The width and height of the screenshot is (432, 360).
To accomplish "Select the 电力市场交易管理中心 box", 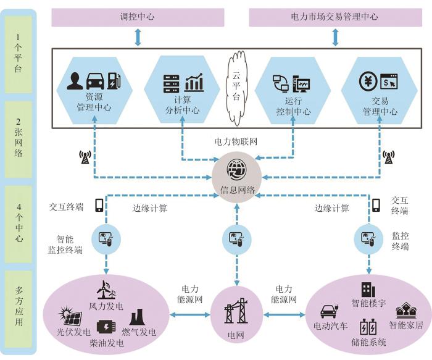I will coord(333,17).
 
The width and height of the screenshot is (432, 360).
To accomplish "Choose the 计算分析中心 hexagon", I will coord(183,90).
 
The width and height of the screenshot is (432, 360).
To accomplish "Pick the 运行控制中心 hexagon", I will coord(292,90).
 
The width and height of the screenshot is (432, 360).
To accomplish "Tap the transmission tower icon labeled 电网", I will coord(238,305).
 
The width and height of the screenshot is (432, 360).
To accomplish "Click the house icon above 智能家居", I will coord(406,309).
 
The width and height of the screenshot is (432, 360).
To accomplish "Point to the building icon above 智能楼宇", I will coord(368,289).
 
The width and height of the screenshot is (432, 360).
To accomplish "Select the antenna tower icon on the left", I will coord(85,158).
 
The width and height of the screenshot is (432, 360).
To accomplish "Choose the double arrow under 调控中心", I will coord(138,36).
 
